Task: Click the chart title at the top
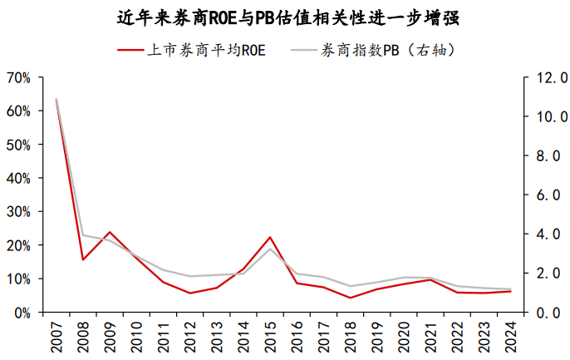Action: coord(284,17)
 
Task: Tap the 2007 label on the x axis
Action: coord(57,338)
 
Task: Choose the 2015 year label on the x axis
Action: coord(270,338)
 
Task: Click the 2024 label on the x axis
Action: coord(510,338)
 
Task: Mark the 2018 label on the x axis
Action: coord(350,338)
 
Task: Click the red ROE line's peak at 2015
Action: coord(270,238)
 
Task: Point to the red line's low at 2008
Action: coord(83,259)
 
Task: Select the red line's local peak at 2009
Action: coord(110,232)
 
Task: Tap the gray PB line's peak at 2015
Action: coord(270,249)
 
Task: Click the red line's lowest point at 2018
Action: coord(350,298)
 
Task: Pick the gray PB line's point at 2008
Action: coord(83,235)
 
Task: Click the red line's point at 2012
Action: coord(190,293)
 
